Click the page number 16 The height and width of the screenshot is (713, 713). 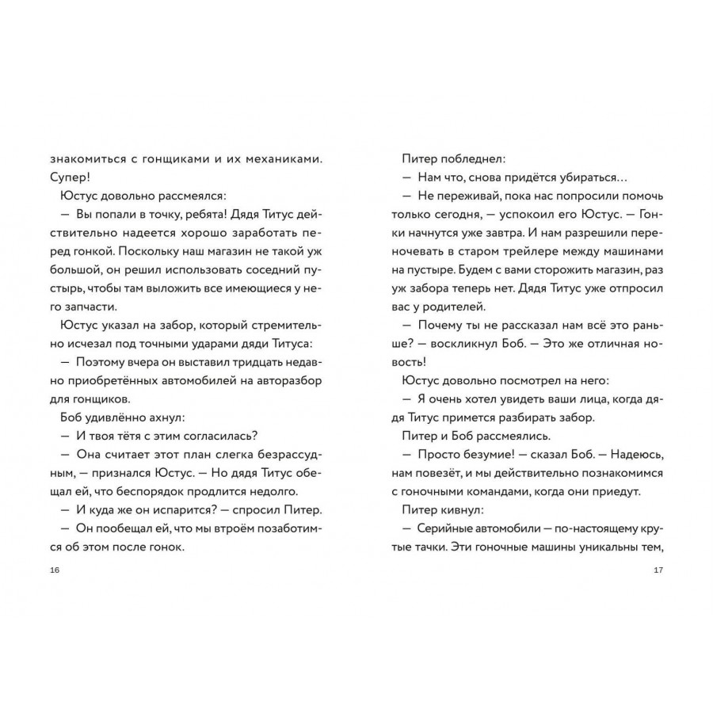coord(53,570)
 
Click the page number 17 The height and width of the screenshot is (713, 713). coord(658,570)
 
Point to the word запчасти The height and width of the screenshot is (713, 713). coord(87,307)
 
